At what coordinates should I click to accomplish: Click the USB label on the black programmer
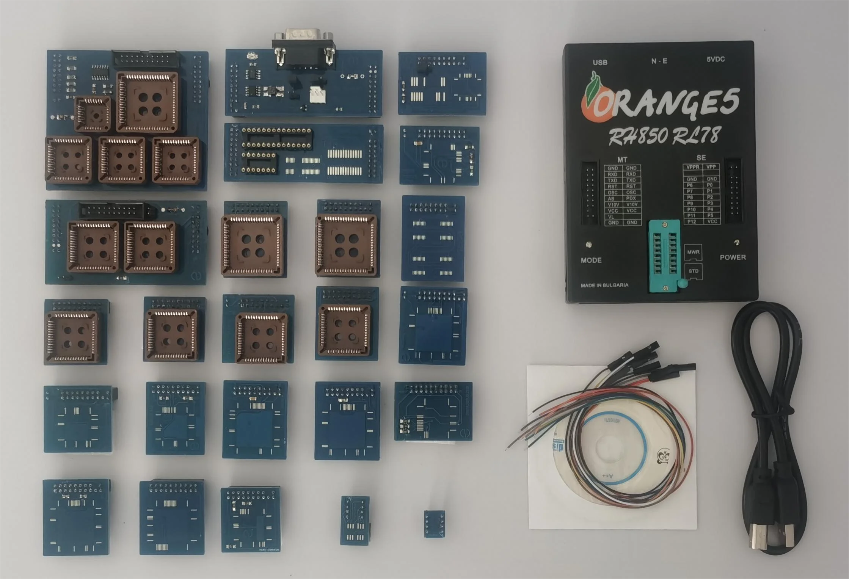600,63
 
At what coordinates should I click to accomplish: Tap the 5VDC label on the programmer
716,59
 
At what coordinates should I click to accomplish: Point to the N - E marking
659,61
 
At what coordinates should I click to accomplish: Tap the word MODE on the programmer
591,260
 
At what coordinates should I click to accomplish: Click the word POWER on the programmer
733,257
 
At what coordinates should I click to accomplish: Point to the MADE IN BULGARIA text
604,285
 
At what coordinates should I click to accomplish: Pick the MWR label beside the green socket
693,252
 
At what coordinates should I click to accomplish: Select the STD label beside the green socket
694,271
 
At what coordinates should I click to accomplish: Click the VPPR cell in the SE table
693,167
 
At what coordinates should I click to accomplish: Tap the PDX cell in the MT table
631,198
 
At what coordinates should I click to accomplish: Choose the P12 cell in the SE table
692,221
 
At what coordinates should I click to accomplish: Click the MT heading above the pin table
622,160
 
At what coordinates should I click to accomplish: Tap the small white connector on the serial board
317,96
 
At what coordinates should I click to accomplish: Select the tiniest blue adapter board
434,524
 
